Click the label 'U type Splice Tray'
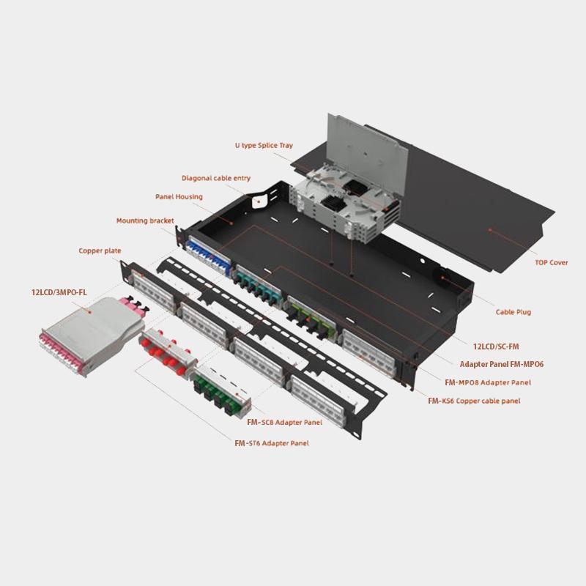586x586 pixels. [x=264, y=145]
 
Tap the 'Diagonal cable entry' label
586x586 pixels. [x=216, y=178]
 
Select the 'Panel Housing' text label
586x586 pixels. [x=179, y=196]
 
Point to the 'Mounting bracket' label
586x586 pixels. [x=145, y=220]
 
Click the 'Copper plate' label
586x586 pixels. [x=100, y=251]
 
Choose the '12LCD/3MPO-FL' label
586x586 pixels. [x=59, y=292]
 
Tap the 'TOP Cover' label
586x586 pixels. [x=552, y=262]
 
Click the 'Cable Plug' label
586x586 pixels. [x=513, y=312]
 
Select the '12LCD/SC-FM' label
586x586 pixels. [x=496, y=346]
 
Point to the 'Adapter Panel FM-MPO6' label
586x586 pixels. [x=502, y=364]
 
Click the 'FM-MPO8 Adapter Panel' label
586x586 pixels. [x=488, y=382]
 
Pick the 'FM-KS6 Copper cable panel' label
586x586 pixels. [x=474, y=401]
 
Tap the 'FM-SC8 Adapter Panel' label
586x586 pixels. [x=284, y=423]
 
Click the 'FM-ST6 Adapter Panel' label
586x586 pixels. [x=272, y=443]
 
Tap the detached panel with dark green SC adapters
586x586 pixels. [x=222, y=390]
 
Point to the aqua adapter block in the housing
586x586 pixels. [x=257, y=285]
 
